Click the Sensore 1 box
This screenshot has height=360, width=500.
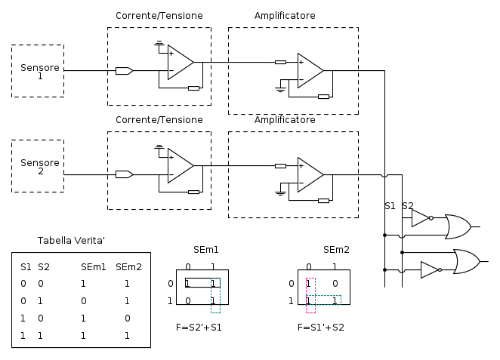tap(38, 71)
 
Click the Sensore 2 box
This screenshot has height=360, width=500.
tap(38, 166)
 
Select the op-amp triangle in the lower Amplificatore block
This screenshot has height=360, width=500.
tap(310, 175)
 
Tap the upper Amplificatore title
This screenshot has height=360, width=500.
tap(285, 16)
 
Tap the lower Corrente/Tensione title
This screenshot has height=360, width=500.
tap(159, 120)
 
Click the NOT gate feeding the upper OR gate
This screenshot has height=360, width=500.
tap(421, 218)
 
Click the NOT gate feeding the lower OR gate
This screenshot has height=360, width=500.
tap(430, 269)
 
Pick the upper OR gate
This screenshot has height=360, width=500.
tap(457, 226)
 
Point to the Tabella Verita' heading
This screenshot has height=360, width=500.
tap(71, 241)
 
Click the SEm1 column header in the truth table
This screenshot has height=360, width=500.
tap(94, 266)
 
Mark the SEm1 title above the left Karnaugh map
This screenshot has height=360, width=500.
tap(205, 250)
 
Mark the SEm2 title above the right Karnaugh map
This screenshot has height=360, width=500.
tap(336, 250)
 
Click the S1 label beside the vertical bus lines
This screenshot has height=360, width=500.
tap(390, 206)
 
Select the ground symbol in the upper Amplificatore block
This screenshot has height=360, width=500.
tap(280, 89)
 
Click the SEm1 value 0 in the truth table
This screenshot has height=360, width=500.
tap(83, 300)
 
